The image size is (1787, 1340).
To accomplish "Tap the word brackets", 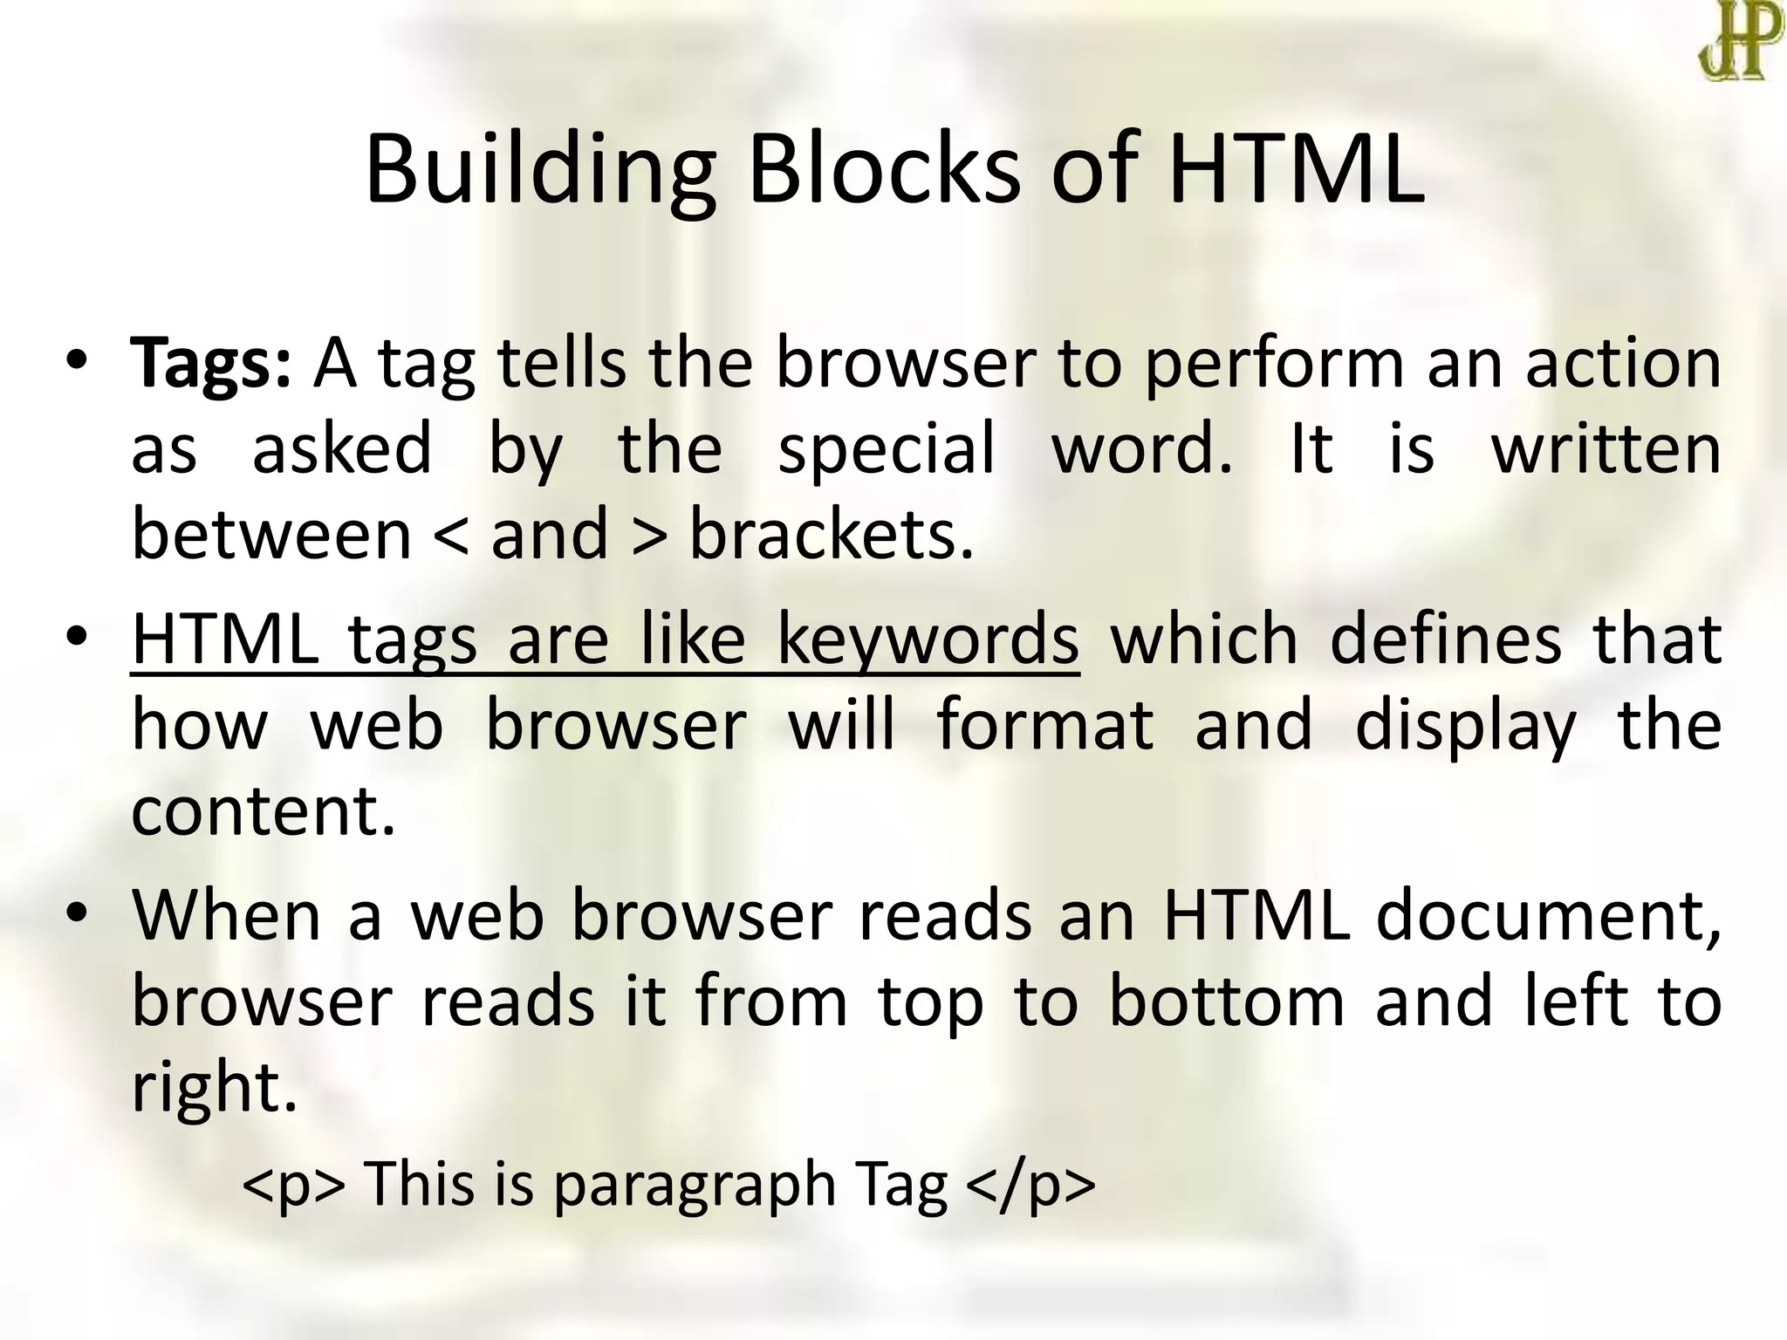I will pyautogui.click(x=832, y=534).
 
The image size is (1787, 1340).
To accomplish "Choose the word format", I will pyautogui.click(x=1045, y=725).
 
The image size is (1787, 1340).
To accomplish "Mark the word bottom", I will pyautogui.click(x=1227, y=1002).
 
